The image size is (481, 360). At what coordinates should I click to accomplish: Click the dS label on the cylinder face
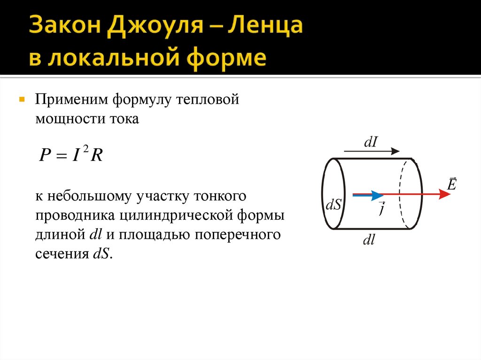click(334, 205)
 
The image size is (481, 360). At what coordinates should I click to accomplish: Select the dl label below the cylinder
click(368, 240)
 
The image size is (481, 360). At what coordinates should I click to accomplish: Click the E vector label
click(451, 184)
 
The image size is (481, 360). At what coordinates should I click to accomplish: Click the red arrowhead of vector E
click(444, 194)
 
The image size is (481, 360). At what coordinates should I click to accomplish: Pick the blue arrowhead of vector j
click(377, 194)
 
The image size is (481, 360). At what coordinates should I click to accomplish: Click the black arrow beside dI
click(372, 152)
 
